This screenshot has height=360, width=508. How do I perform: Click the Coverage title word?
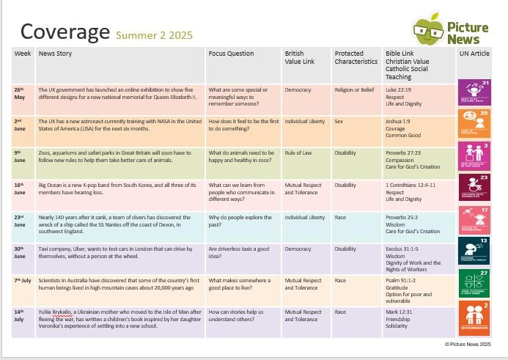65,32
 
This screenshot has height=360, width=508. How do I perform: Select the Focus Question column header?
231,54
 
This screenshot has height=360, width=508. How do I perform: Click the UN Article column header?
474,54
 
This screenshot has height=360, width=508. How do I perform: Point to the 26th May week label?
20,93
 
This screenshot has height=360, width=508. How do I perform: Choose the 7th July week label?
23,280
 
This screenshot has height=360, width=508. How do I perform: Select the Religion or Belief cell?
354,89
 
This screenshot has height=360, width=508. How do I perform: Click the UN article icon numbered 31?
474,92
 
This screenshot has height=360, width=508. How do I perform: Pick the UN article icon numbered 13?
474,251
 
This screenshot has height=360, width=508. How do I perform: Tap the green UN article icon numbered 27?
474,283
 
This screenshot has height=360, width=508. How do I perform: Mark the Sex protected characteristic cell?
339,121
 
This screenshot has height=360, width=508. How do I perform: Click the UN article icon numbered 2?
474,316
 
